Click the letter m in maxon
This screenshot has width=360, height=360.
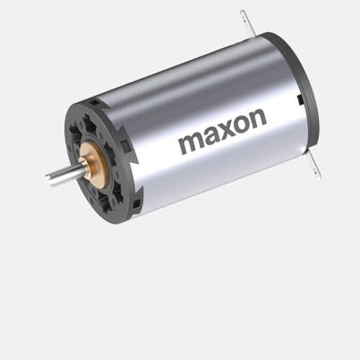click(193, 144)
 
